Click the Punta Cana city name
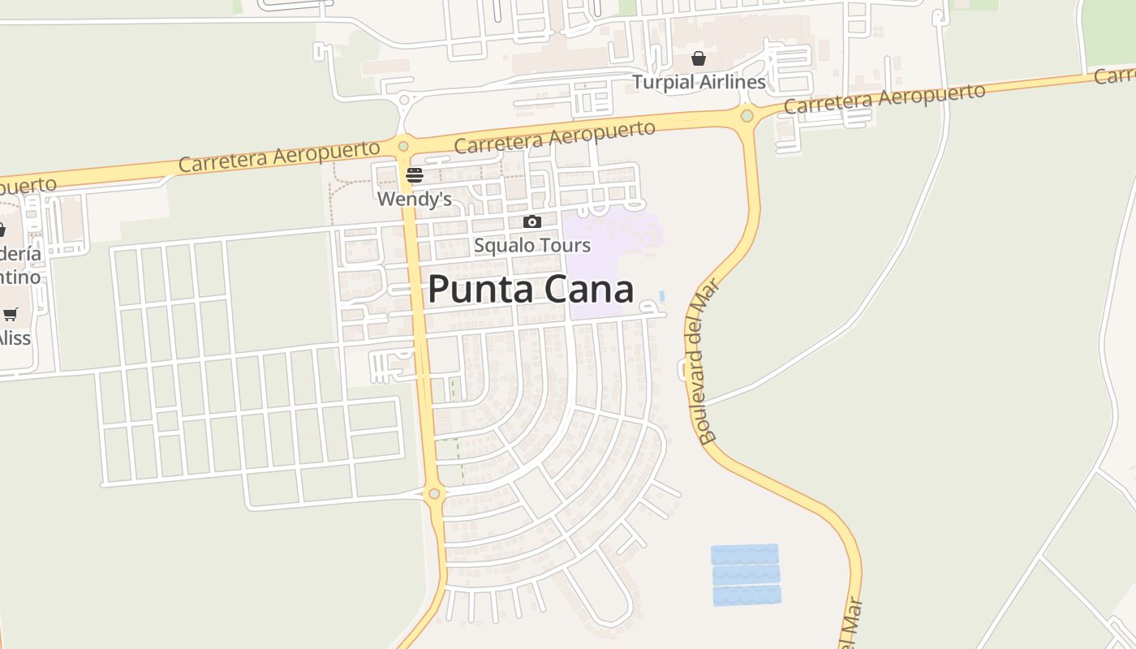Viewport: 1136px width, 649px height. [x=530, y=289]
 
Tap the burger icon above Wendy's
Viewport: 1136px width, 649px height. [x=415, y=174]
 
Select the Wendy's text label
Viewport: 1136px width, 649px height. [x=414, y=199]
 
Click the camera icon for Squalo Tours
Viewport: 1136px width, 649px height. [x=532, y=221]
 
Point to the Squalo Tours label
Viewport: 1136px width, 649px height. [x=532, y=245]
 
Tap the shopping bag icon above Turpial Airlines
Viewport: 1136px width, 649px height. [x=698, y=58]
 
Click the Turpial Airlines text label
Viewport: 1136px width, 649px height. [x=699, y=82]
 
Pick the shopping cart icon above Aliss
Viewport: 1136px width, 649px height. [x=11, y=314]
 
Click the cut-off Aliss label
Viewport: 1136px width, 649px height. [x=15, y=337]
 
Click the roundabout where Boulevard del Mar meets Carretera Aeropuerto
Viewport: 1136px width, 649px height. [x=747, y=116]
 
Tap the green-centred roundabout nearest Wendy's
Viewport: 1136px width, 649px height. [x=403, y=146]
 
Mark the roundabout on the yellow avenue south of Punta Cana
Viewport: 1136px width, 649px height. [x=434, y=493]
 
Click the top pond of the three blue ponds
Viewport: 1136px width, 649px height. [x=745, y=554]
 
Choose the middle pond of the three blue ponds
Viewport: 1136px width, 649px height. [x=746, y=574]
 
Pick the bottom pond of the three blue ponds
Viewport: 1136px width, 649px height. [x=747, y=595]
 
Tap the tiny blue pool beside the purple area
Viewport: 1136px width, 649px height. [x=662, y=296]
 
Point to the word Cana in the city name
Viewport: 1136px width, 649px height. [x=590, y=289]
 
